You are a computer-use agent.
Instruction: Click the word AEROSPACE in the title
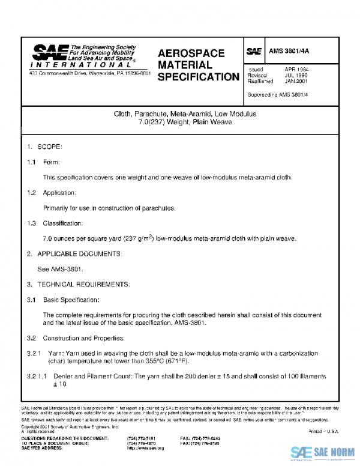[191, 53]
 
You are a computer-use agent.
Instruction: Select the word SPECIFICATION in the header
[199, 77]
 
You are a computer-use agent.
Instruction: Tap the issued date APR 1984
[296, 70]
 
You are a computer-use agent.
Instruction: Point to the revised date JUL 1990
[296, 76]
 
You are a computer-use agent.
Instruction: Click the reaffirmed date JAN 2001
[296, 82]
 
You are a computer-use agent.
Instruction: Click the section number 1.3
[31, 223]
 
